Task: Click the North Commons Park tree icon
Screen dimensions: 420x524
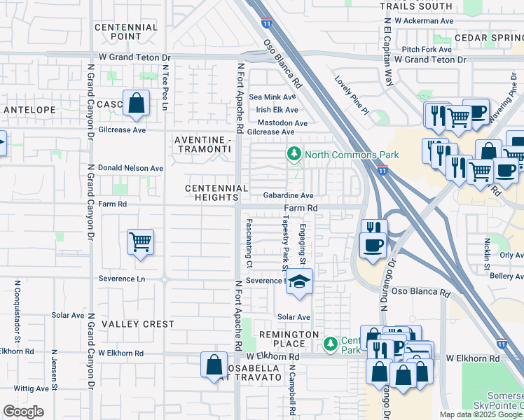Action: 294,153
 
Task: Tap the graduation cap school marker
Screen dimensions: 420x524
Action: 300,281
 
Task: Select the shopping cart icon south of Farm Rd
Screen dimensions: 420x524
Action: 140,243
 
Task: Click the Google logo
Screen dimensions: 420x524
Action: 23,412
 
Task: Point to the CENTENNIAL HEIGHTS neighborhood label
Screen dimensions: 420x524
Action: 216,193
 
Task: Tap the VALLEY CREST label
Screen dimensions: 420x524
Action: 138,324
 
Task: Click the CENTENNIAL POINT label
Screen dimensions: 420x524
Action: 126,31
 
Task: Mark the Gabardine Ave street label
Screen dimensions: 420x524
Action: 288,196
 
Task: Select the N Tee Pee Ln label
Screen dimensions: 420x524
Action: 165,88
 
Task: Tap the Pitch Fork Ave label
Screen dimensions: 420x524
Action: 427,50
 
